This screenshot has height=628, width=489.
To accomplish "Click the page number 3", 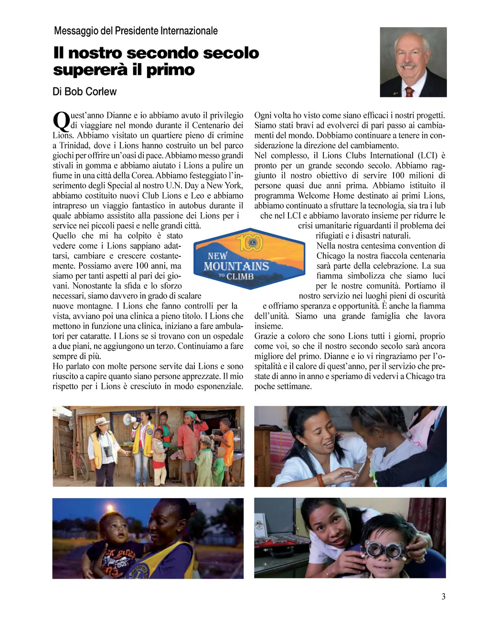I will (x=443, y=596).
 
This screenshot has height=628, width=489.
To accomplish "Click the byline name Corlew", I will (x=102, y=91).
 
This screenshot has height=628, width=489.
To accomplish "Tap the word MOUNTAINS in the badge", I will (x=236, y=266).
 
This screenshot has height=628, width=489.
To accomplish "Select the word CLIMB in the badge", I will (x=240, y=277).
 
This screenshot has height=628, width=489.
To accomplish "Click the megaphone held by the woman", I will (x=130, y=420).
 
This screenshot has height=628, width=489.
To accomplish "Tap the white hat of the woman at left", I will (x=101, y=422).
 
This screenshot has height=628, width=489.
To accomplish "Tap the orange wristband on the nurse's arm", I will (x=320, y=479).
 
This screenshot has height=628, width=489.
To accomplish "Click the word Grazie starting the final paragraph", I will (x=266, y=336).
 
